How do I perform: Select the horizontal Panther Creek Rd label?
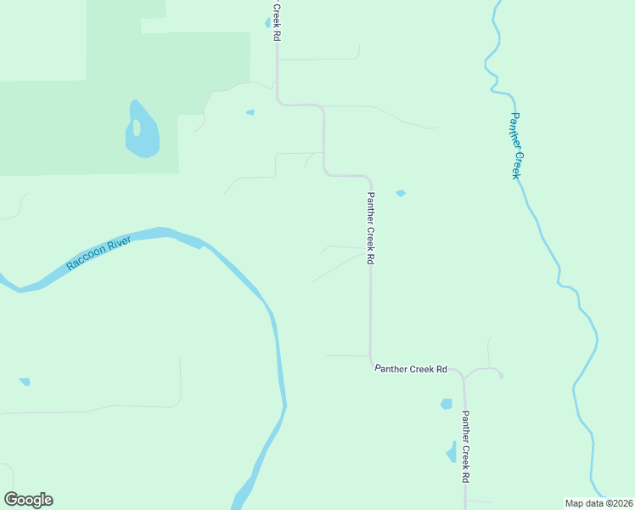coord(411,369)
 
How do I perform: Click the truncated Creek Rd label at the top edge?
coord(276,21)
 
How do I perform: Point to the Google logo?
coord(28,500)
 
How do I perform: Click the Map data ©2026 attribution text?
coord(598,503)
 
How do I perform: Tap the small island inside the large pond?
coord(135,127)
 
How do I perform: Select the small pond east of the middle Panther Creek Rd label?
coord(401,193)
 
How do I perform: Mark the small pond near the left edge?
coord(25,382)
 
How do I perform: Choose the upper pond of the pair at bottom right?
coord(446,404)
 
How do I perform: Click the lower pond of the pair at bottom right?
coord(451,451)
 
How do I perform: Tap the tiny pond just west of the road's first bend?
coord(250,112)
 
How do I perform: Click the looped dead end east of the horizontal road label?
coord(499,373)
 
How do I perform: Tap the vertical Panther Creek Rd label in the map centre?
coord(370,228)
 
